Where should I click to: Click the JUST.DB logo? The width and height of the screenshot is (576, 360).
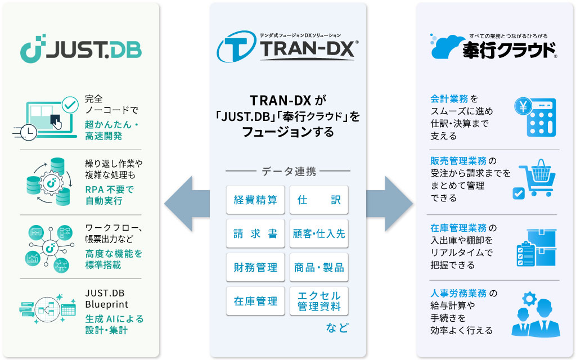point(80,50)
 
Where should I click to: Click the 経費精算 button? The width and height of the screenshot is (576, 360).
point(255,200)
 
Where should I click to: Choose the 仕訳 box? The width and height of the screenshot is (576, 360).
point(319,200)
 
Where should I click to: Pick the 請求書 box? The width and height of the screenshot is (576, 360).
point(255,234)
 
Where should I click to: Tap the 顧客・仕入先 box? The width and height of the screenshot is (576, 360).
point(319,234)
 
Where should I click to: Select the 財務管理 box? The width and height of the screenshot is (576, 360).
point(255,268)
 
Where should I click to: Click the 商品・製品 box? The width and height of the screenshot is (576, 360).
point(319,268)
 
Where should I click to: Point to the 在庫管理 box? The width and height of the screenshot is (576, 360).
point(255,301)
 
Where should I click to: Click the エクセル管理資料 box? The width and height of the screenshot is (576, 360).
point(319,301)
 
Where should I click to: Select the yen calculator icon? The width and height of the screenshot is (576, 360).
point(534,116)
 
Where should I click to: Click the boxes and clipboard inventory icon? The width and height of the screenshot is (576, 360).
point(534,247)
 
